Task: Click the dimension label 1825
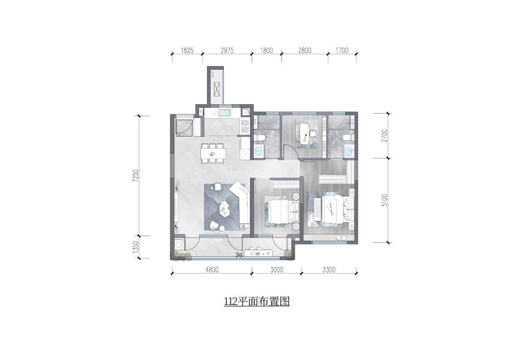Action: pos(187,50)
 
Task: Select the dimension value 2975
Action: pos(227,50)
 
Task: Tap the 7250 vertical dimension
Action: pos(136,176)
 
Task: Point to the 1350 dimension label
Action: pos(136,247)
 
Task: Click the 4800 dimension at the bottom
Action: pos(212,270)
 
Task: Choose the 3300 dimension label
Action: pos(329,270)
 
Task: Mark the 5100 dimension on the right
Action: pos(384,200)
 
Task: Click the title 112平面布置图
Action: pos(257,301)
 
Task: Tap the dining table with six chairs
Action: pos(213,153)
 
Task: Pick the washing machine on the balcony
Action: pos(179,245)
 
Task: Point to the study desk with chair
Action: pos(307,134)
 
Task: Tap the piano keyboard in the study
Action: pos(324,137)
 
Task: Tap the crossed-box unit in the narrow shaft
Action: pos(217,89)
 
